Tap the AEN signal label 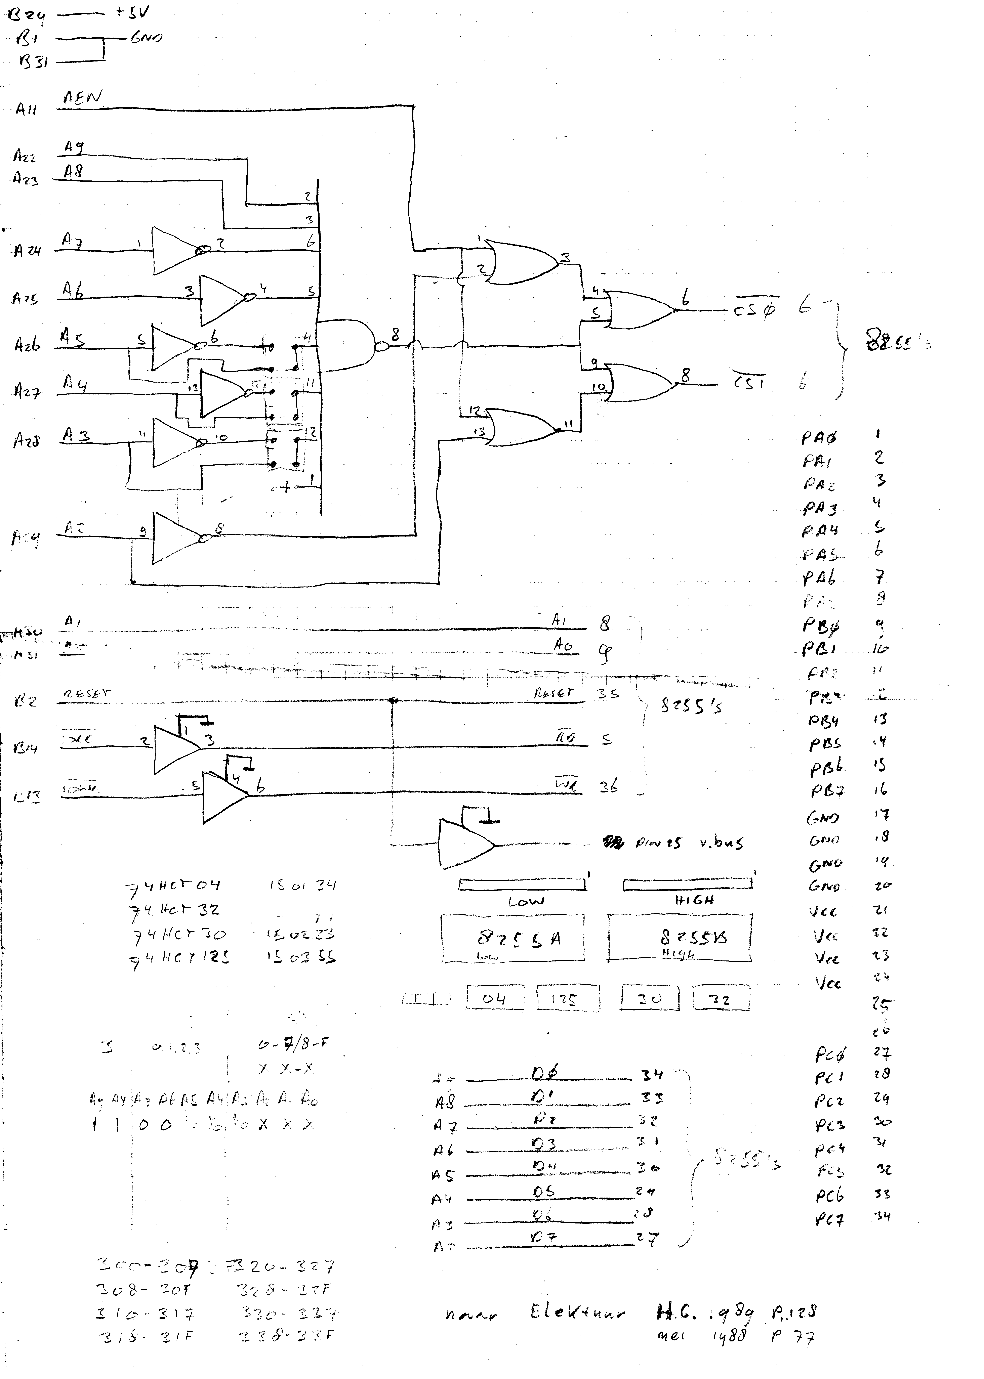[x=83, y=98]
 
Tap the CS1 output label [x=749, y=383]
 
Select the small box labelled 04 [x=494, y=998]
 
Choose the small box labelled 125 [x=568, y=998]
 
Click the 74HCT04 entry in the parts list [x=173, y=887]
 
